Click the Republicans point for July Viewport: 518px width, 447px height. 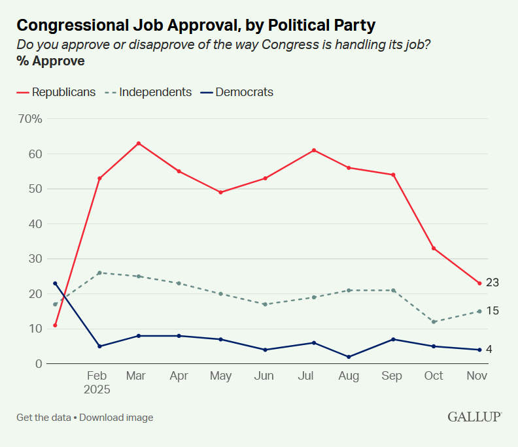coord(314,150)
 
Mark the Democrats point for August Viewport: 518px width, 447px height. coord(349,357)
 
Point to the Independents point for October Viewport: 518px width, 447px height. coord(434,322)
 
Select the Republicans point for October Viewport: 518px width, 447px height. coord(434,248)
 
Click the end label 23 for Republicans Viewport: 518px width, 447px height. coord(492,283)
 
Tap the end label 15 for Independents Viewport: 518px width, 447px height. coord(492,311)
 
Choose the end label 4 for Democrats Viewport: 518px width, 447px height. coord(489,350)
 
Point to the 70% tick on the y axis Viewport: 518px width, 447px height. coord(31,119)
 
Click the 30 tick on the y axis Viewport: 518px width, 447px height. coord(35,259)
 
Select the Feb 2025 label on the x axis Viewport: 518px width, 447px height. coord(97,382)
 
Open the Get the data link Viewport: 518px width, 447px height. coord(43,418)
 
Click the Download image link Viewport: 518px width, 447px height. coord(116,418)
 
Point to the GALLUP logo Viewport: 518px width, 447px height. coord(474,417)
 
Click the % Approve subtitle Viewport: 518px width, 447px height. coord(50,61)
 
